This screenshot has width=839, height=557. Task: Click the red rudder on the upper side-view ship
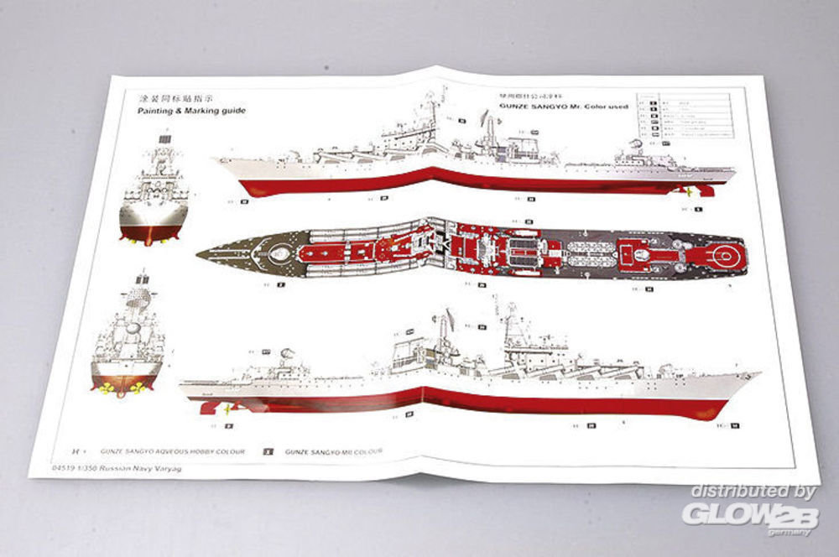pos(706,190)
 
